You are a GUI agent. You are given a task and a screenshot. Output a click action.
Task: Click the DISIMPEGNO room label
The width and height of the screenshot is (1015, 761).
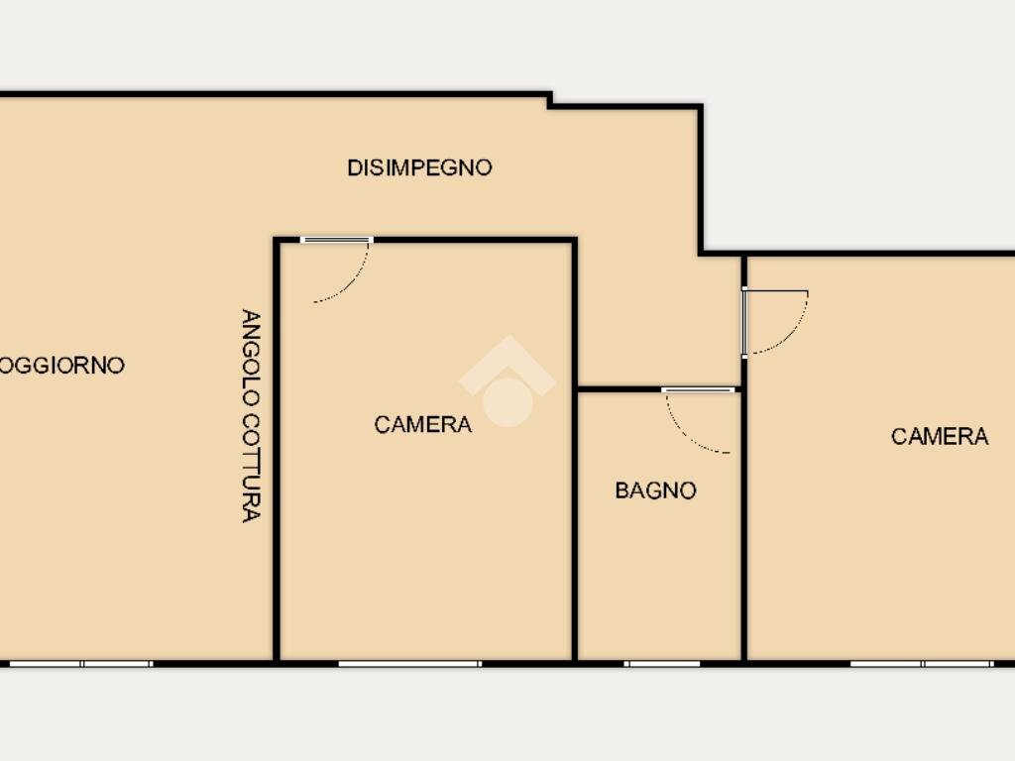(x=419, y=167)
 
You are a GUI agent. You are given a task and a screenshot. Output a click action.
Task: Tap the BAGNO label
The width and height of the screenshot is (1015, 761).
(x=656, y=490)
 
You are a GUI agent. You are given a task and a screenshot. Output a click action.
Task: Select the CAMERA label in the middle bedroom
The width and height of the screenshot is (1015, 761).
(x=422, y=424)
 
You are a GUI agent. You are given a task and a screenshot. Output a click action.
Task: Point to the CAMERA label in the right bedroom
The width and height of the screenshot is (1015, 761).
(x=940, y=436)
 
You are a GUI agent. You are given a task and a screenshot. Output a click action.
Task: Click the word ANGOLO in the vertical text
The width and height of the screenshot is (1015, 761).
(x=251, y=357)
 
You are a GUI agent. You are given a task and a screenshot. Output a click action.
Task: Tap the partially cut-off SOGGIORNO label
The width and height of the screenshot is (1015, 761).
(x=62, y=365)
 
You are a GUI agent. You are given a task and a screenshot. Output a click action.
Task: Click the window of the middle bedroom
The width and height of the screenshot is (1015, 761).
(x=409, y=664)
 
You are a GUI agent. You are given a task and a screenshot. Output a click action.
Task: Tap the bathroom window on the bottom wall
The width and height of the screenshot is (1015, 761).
(x=662, y=664)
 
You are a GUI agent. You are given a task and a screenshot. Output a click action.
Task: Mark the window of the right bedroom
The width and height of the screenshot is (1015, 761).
(x=922, y=664)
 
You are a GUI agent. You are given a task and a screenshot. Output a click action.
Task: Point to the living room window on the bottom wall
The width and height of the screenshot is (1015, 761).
(x=81, y=664)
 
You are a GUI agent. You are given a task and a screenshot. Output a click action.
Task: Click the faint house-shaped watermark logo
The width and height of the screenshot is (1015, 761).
(x=507, y=381)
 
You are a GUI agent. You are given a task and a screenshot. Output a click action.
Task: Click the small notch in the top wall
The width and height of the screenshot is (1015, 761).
(x=550, y=100)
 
